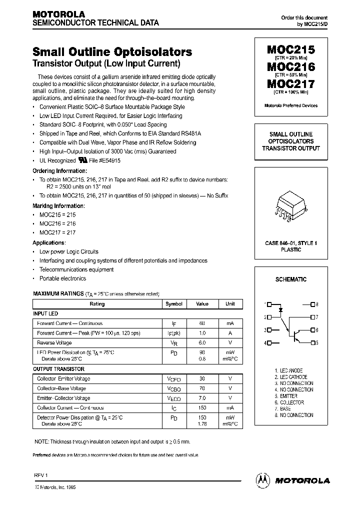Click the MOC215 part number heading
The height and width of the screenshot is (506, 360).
pyautogui.click(x=290, y=50)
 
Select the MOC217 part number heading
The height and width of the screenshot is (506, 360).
pyautogui.click(x=290, y=84)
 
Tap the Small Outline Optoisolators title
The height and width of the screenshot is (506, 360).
pyautogui.click(x=112, y=52)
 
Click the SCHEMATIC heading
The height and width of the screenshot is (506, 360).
pyautogui.click(x=290, y=279)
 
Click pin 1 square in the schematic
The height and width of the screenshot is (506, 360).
pyautogui.click(x=269, y=304)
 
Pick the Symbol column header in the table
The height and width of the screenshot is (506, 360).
pyautogui.click(x=174, y=304)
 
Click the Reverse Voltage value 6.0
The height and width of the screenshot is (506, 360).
pyautogui.click(x=202, y=343)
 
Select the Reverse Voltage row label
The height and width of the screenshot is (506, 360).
pyautogui.click(x=54, y=343)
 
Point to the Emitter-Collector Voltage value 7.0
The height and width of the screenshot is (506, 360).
pyautogui.click(x=202, y=398)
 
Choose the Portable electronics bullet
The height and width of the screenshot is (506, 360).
pyautogui.click(x=62, y=278)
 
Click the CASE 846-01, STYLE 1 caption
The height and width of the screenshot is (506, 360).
pyautogui.click(x=290, y=243)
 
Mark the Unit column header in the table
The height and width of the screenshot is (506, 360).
pyautogui.click(x=230, y=304)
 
